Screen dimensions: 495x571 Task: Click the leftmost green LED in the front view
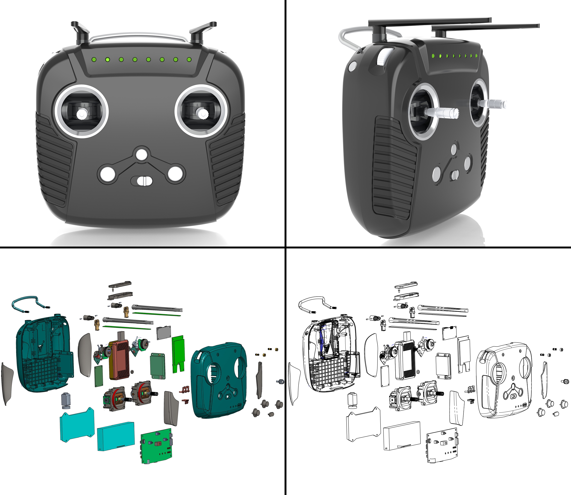coord(94,59)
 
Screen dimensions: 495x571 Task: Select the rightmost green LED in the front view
coord(189,59)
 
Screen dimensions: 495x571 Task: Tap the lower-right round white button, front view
coord(175,174)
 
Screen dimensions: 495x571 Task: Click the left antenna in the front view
coord(80,32)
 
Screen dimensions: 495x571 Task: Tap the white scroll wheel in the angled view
coord(383,57)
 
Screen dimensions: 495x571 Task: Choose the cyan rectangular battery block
coord(116,436)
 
